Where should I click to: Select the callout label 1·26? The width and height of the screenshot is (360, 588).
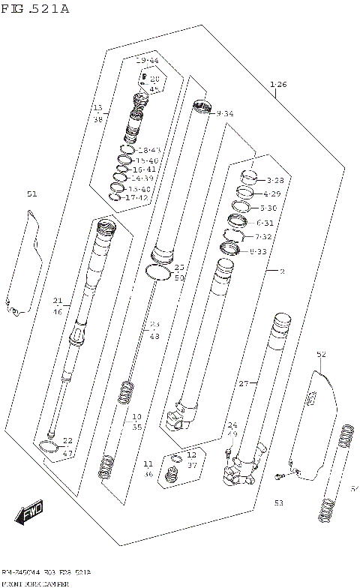point(277,85)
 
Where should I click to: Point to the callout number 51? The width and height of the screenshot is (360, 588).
point(31,194)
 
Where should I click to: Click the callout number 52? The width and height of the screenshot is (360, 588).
point(321,354)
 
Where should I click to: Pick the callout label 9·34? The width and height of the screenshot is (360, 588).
point(224,113)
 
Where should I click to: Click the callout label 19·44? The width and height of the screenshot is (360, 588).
point(147,59)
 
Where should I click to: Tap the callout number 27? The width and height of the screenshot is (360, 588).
point(242,383)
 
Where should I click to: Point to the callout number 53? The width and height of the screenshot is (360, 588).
point(278,502)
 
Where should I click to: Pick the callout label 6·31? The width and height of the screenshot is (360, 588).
point(265,223)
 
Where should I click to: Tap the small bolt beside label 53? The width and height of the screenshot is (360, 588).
point(279,475)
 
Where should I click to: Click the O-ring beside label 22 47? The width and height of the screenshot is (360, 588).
point(49,448)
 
